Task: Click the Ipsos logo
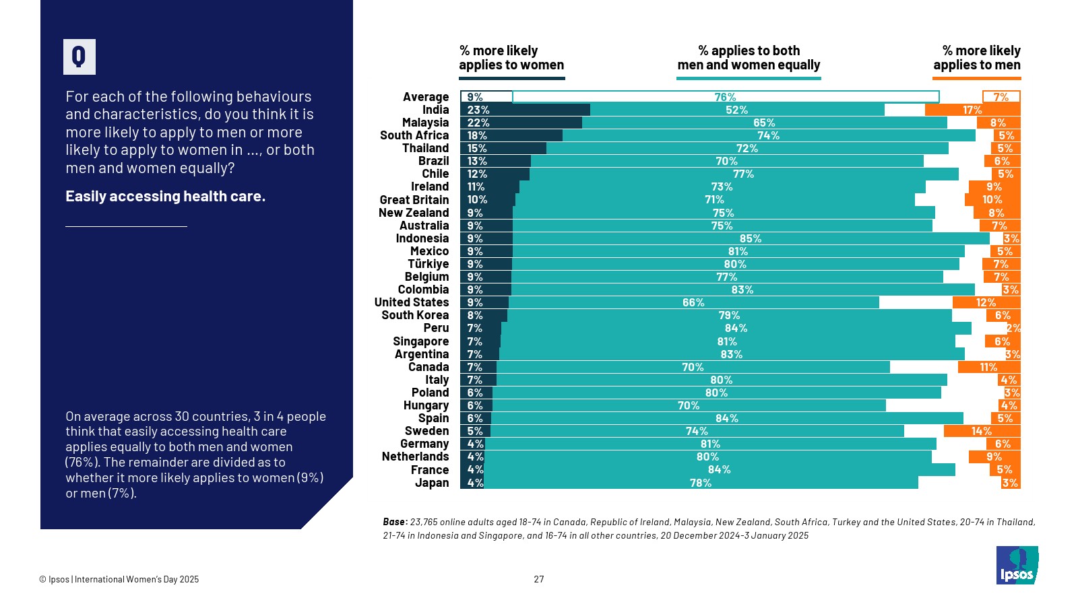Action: tap(1017, 565)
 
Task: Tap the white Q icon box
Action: tap(80, 57)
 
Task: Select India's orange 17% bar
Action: tap(972, 110)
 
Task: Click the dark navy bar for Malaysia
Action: tap(521, 123)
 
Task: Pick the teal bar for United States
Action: tap(693, 303)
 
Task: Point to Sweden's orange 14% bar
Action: tap(982, 431)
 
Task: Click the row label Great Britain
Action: tap(414, 200)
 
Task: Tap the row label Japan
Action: tap(431, 483)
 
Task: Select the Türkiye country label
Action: tap(428, 264)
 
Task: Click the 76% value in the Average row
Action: tap(725, 97)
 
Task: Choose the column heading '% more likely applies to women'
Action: tap(511, 58)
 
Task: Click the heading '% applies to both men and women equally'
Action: tap(749, 58)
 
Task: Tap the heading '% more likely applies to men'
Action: tap(976, 58)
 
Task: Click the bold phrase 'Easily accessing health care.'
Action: tap(165, 197)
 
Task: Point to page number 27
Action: tap(539, 579)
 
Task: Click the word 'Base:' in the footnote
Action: tap(395, 522)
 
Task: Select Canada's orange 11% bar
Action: tap(988, 367)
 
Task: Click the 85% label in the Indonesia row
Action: tap(750, 238)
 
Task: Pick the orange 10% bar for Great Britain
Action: tap(992, 200)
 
